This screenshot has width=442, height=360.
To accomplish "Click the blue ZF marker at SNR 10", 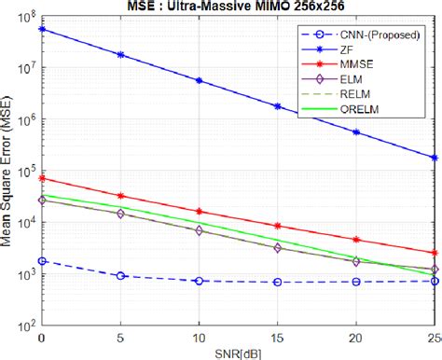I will click(x=199, y=80).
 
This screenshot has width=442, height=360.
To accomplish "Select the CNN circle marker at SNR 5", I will click(x=120, y=276).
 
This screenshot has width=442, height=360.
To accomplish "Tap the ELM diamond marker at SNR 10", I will click(x=199, y=230).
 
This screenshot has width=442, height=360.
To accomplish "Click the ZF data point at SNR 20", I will click(x=356, y=132).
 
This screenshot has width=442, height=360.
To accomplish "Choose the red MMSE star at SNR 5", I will click(x=120, y=196).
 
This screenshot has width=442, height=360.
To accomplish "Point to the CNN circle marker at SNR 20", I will click(x=356, y=281).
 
